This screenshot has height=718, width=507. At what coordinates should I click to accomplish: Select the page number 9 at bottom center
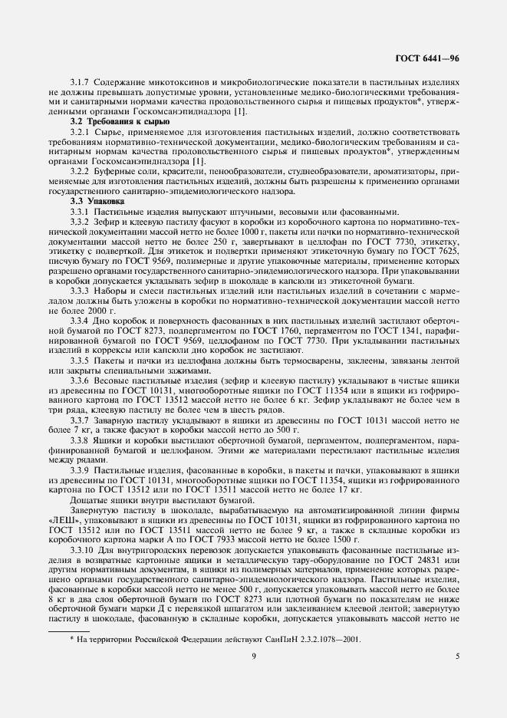253,656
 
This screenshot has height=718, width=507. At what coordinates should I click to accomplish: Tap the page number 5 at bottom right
457,656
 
